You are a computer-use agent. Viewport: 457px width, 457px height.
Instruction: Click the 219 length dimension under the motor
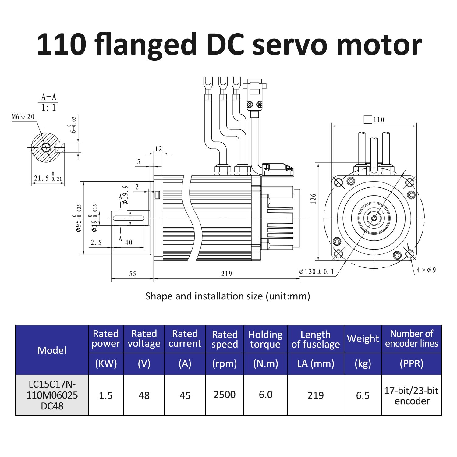226,274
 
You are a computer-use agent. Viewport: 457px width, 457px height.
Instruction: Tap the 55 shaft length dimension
133,274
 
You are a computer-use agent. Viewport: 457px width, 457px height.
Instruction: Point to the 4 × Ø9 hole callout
426,270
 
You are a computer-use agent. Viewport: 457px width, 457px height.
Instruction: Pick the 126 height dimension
314,199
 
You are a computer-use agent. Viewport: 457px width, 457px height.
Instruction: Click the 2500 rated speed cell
225,395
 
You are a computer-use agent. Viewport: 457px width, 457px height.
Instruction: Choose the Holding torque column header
265,339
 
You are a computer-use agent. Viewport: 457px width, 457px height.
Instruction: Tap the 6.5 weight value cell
363,395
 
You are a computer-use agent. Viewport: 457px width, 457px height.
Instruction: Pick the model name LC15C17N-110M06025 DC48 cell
52,395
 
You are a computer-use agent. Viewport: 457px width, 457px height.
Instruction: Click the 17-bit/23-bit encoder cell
411,395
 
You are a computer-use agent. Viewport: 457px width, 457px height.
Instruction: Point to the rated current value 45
185,395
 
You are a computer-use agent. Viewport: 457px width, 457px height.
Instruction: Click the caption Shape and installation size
228,296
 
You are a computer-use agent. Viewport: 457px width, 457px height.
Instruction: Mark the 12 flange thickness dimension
158,149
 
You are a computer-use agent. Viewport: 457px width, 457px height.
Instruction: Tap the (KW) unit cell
106,363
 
